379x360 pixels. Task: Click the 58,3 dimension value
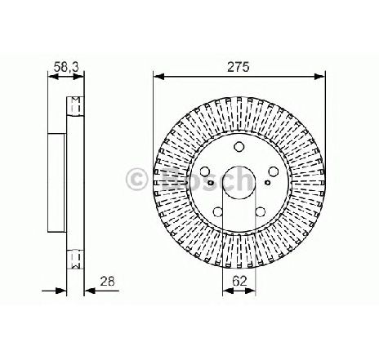tap(66, 67)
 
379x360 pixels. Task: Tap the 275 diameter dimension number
tap(239, 67)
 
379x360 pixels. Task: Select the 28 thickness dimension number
tap(107, 281)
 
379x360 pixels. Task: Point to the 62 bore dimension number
tap(239, 281)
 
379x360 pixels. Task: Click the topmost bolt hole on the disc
tap(239, 146)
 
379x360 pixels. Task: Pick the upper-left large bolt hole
tap(205, 171)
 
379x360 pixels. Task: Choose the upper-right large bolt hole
tap(273, 171)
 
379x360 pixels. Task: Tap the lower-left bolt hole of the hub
tap(218, 211)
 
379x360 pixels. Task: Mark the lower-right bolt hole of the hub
tap(261, 211)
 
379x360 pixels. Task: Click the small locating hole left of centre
tap(211, 183)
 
